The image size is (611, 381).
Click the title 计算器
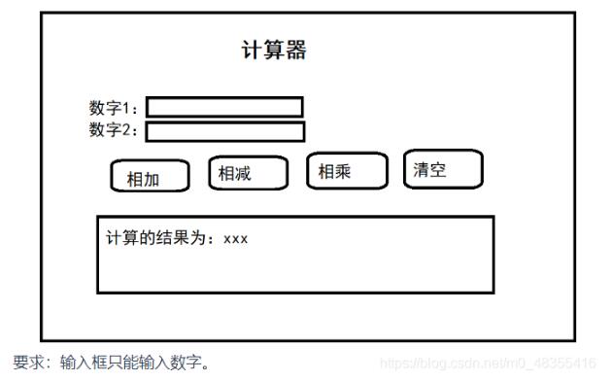273,51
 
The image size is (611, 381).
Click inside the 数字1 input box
224,107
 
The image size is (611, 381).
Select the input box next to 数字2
224,131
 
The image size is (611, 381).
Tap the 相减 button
248,174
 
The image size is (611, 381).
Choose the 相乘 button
346,172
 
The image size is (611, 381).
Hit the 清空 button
443,170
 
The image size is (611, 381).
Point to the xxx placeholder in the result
235,239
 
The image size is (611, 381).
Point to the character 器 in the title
295,51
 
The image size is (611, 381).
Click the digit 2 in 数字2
129,130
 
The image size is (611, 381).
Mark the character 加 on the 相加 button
151,180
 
